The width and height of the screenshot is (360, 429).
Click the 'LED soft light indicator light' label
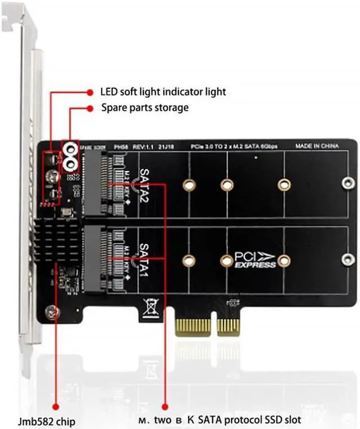163,91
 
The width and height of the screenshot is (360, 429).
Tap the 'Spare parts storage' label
145,107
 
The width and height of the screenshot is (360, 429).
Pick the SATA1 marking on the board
144,257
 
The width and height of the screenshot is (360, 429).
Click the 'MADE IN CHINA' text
317,146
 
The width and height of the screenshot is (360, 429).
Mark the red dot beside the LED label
89,91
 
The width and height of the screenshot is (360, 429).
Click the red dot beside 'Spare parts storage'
89,107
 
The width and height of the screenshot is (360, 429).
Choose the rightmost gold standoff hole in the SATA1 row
284,260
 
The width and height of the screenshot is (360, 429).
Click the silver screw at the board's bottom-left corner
52,310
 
